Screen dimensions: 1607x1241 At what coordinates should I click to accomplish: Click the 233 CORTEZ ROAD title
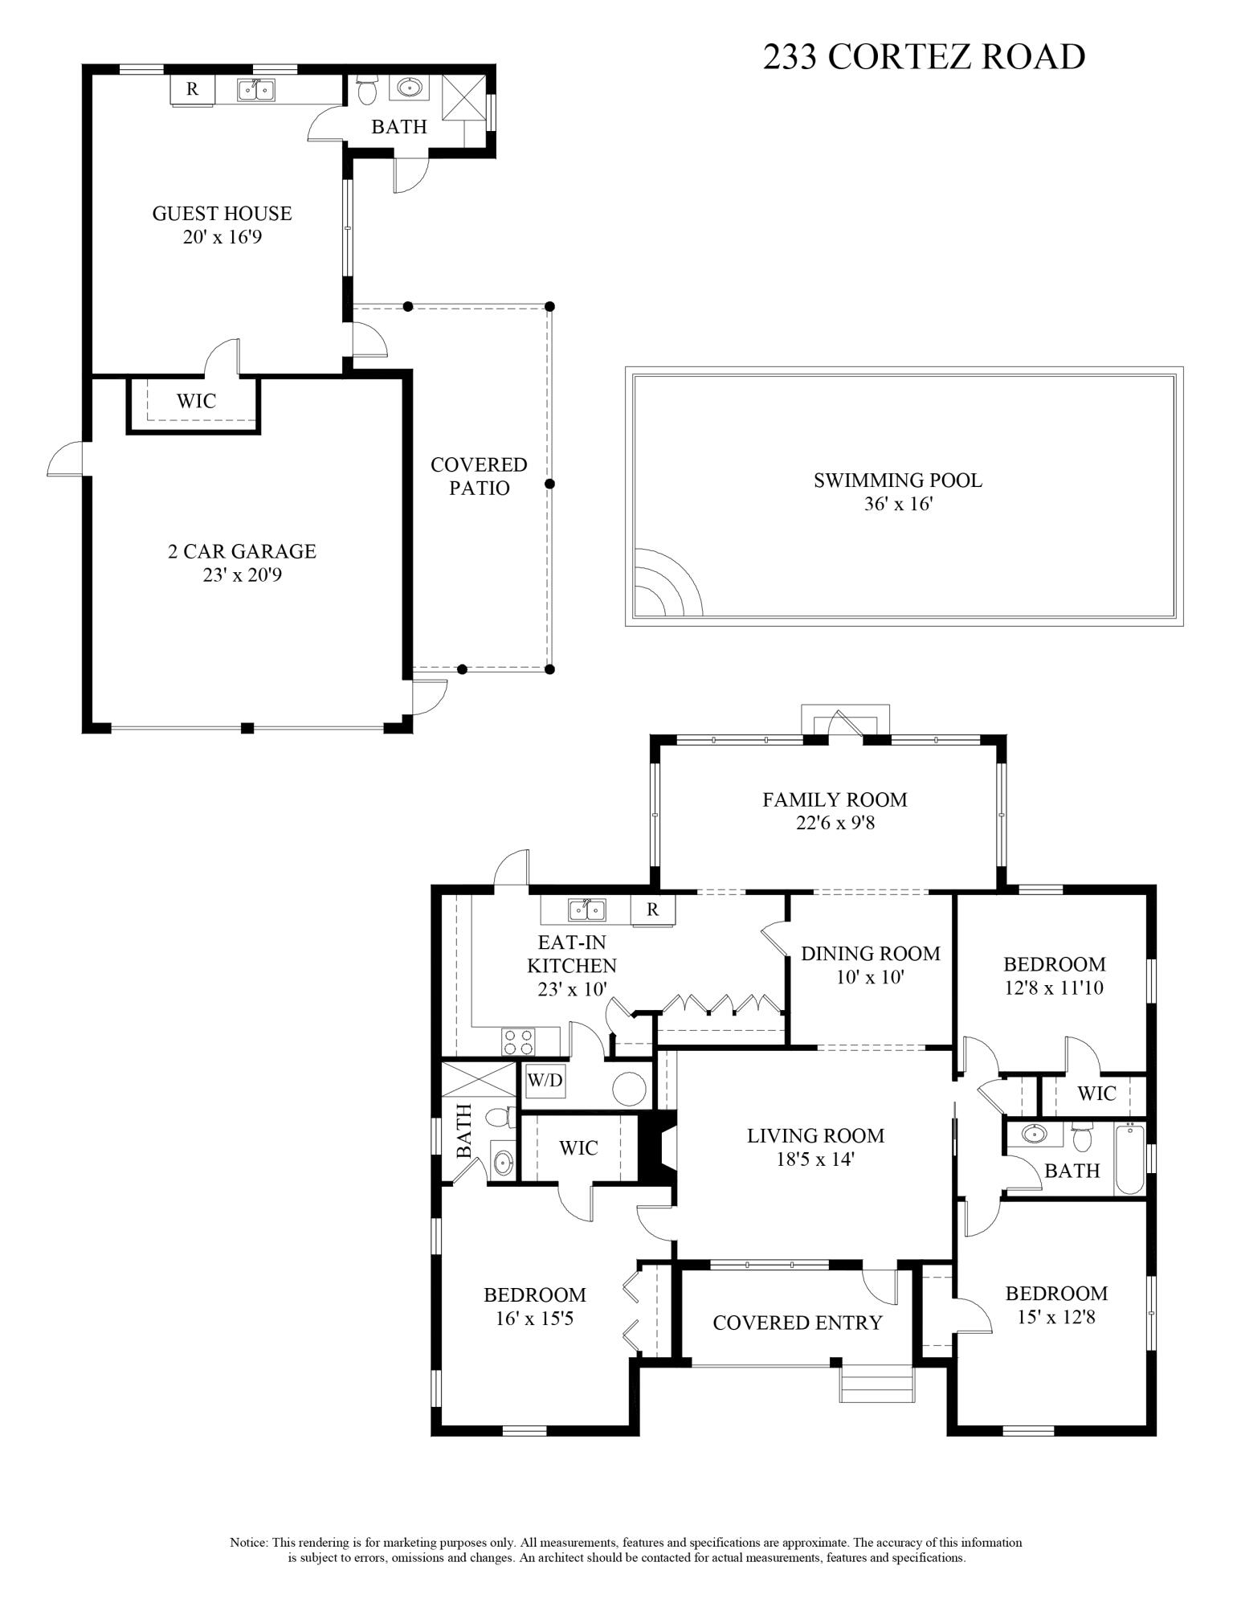(923, 57)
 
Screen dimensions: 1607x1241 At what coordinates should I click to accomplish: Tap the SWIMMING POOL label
(897, 480)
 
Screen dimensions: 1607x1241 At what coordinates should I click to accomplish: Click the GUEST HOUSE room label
(222, 214)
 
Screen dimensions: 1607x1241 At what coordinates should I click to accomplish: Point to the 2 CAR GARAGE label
(242, 551)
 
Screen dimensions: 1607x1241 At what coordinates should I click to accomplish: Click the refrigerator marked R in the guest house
(192, 89)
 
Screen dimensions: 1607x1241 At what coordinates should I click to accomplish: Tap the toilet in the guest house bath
(368, 90)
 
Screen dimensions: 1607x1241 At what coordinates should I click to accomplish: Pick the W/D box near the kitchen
(545, 1081)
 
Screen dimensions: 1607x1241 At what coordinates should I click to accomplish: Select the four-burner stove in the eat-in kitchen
(518, 1041)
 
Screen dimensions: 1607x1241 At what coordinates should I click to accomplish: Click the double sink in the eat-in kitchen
(587, 910)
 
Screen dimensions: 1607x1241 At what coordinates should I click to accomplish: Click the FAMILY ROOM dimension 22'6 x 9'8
(835, 823)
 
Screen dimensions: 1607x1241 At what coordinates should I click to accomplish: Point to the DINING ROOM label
(870, 954)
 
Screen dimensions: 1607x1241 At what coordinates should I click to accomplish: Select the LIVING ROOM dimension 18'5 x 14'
(815, 1159)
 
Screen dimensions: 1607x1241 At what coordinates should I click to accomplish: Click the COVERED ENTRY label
(797, 1323)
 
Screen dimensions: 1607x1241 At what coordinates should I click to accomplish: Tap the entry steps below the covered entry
(877, 1384)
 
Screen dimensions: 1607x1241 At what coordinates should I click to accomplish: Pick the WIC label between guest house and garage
(196, 400)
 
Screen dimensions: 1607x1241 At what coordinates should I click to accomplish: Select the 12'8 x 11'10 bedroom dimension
(1054, 988)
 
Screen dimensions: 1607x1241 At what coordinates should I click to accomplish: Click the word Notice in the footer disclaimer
(248, 1543)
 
